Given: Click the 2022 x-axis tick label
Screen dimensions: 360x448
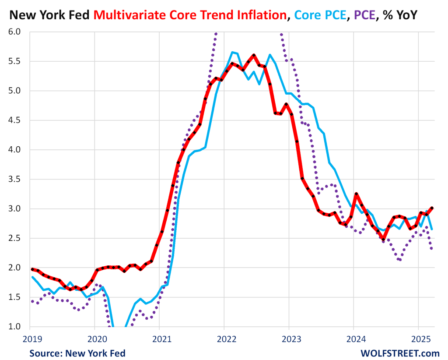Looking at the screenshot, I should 224,338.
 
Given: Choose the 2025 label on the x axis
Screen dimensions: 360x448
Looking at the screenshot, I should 418,338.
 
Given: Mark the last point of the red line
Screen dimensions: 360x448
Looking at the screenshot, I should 432,208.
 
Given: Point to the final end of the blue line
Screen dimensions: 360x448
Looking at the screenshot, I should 432,229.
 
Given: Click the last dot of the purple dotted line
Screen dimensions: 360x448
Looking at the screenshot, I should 432,249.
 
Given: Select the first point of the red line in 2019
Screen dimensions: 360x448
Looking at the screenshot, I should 32,269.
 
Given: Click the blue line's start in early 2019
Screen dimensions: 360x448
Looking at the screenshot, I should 32,277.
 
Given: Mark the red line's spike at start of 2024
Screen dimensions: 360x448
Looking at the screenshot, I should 356,194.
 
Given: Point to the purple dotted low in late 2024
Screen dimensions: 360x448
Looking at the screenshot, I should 400,260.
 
